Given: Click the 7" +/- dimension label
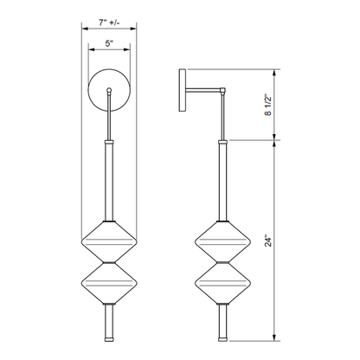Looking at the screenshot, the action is click(109, 22).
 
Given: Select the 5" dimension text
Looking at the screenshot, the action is click(109, 43).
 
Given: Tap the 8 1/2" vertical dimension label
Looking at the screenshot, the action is click(268, 105).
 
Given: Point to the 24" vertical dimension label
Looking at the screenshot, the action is click(268, 241).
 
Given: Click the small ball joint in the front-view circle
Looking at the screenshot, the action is click(109, 90).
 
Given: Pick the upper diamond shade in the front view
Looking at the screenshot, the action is click(109, 241).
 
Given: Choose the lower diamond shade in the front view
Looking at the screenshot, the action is click(109, 283).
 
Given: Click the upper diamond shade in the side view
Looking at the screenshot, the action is click(222, 241).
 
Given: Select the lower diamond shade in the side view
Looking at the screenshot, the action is click(222, 283).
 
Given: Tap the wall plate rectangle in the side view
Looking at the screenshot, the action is click(183, 90).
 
